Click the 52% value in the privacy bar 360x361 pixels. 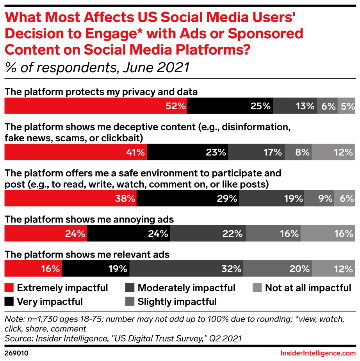[175, 106]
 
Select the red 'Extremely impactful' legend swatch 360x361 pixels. [9, 288]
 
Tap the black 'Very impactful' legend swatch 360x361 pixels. [9, 302]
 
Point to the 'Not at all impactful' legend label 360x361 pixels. [308, 288]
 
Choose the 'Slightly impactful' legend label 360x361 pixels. [177, 302]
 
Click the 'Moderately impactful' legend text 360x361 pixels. [186, 288]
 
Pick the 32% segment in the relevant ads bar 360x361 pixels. [186, 269]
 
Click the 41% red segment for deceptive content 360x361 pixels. [75, 152]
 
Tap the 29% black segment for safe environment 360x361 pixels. [188, 199]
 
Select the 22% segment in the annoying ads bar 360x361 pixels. [208, 234]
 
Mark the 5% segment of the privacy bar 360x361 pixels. [346, 106]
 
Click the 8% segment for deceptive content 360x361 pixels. [298, 152]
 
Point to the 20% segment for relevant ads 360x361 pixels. [277, 269]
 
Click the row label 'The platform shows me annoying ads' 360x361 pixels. [89, 220]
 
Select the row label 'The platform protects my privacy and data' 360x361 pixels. [101, 92]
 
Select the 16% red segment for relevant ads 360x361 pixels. [33, 269]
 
